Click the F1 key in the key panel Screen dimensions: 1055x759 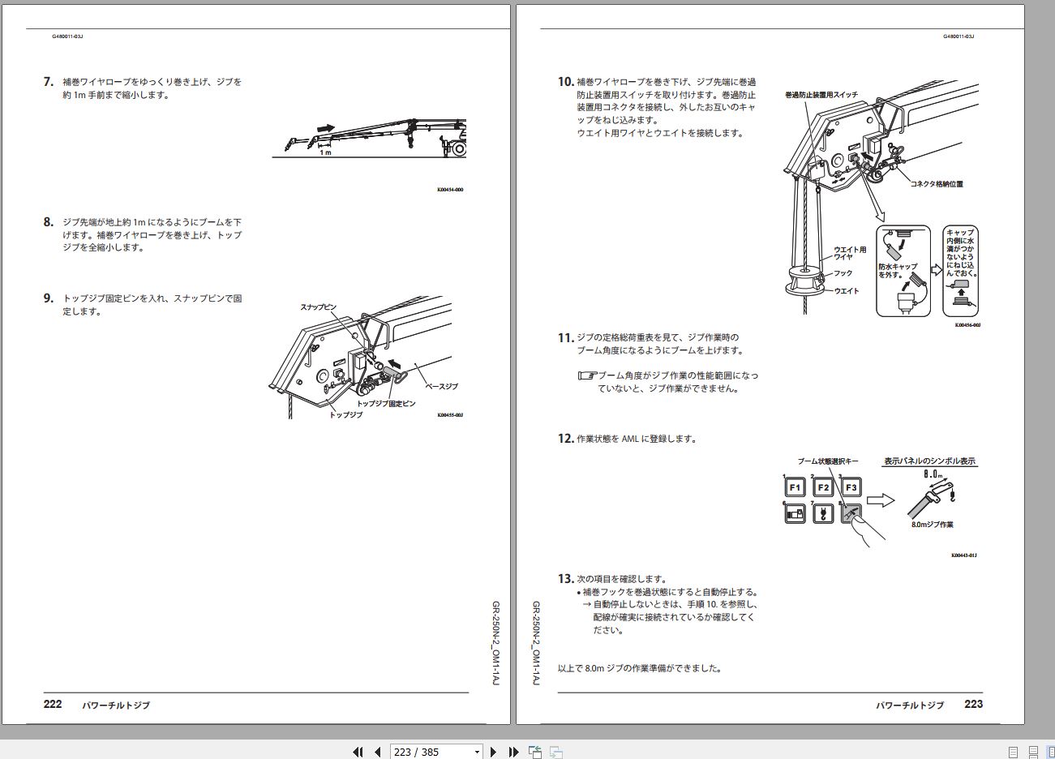[x=795, y=487]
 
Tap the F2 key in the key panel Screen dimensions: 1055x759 [x=823, y=487]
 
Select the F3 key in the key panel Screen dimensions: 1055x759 [x=851, y=487]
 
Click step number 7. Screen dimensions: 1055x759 [x=49, y=82]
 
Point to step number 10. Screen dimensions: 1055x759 [x=566, y=82]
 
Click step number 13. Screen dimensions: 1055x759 [x=566, y=579]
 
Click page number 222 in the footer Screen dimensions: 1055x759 [x=53, y=704]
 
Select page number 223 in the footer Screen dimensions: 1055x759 [x=974, y=704]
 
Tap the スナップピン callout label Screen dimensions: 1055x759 [x=319, y=307]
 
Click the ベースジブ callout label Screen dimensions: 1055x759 [x=441, y=387]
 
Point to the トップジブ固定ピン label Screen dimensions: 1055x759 [x=386, y=404]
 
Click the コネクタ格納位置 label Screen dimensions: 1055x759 [x=937, y=184]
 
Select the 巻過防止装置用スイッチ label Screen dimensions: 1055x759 [x=821, y=95]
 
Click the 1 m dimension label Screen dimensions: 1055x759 [x=325, y=152]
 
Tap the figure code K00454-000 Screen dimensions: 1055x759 [x=450, y=190]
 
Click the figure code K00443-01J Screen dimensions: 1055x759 [x=964, y=555]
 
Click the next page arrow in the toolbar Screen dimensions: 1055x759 [x=493, y=752]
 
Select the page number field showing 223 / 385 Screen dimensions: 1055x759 [x=436, y=752]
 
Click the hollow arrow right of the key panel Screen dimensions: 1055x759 [x=881, y=500]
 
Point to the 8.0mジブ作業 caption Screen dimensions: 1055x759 [x=932, y=525]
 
